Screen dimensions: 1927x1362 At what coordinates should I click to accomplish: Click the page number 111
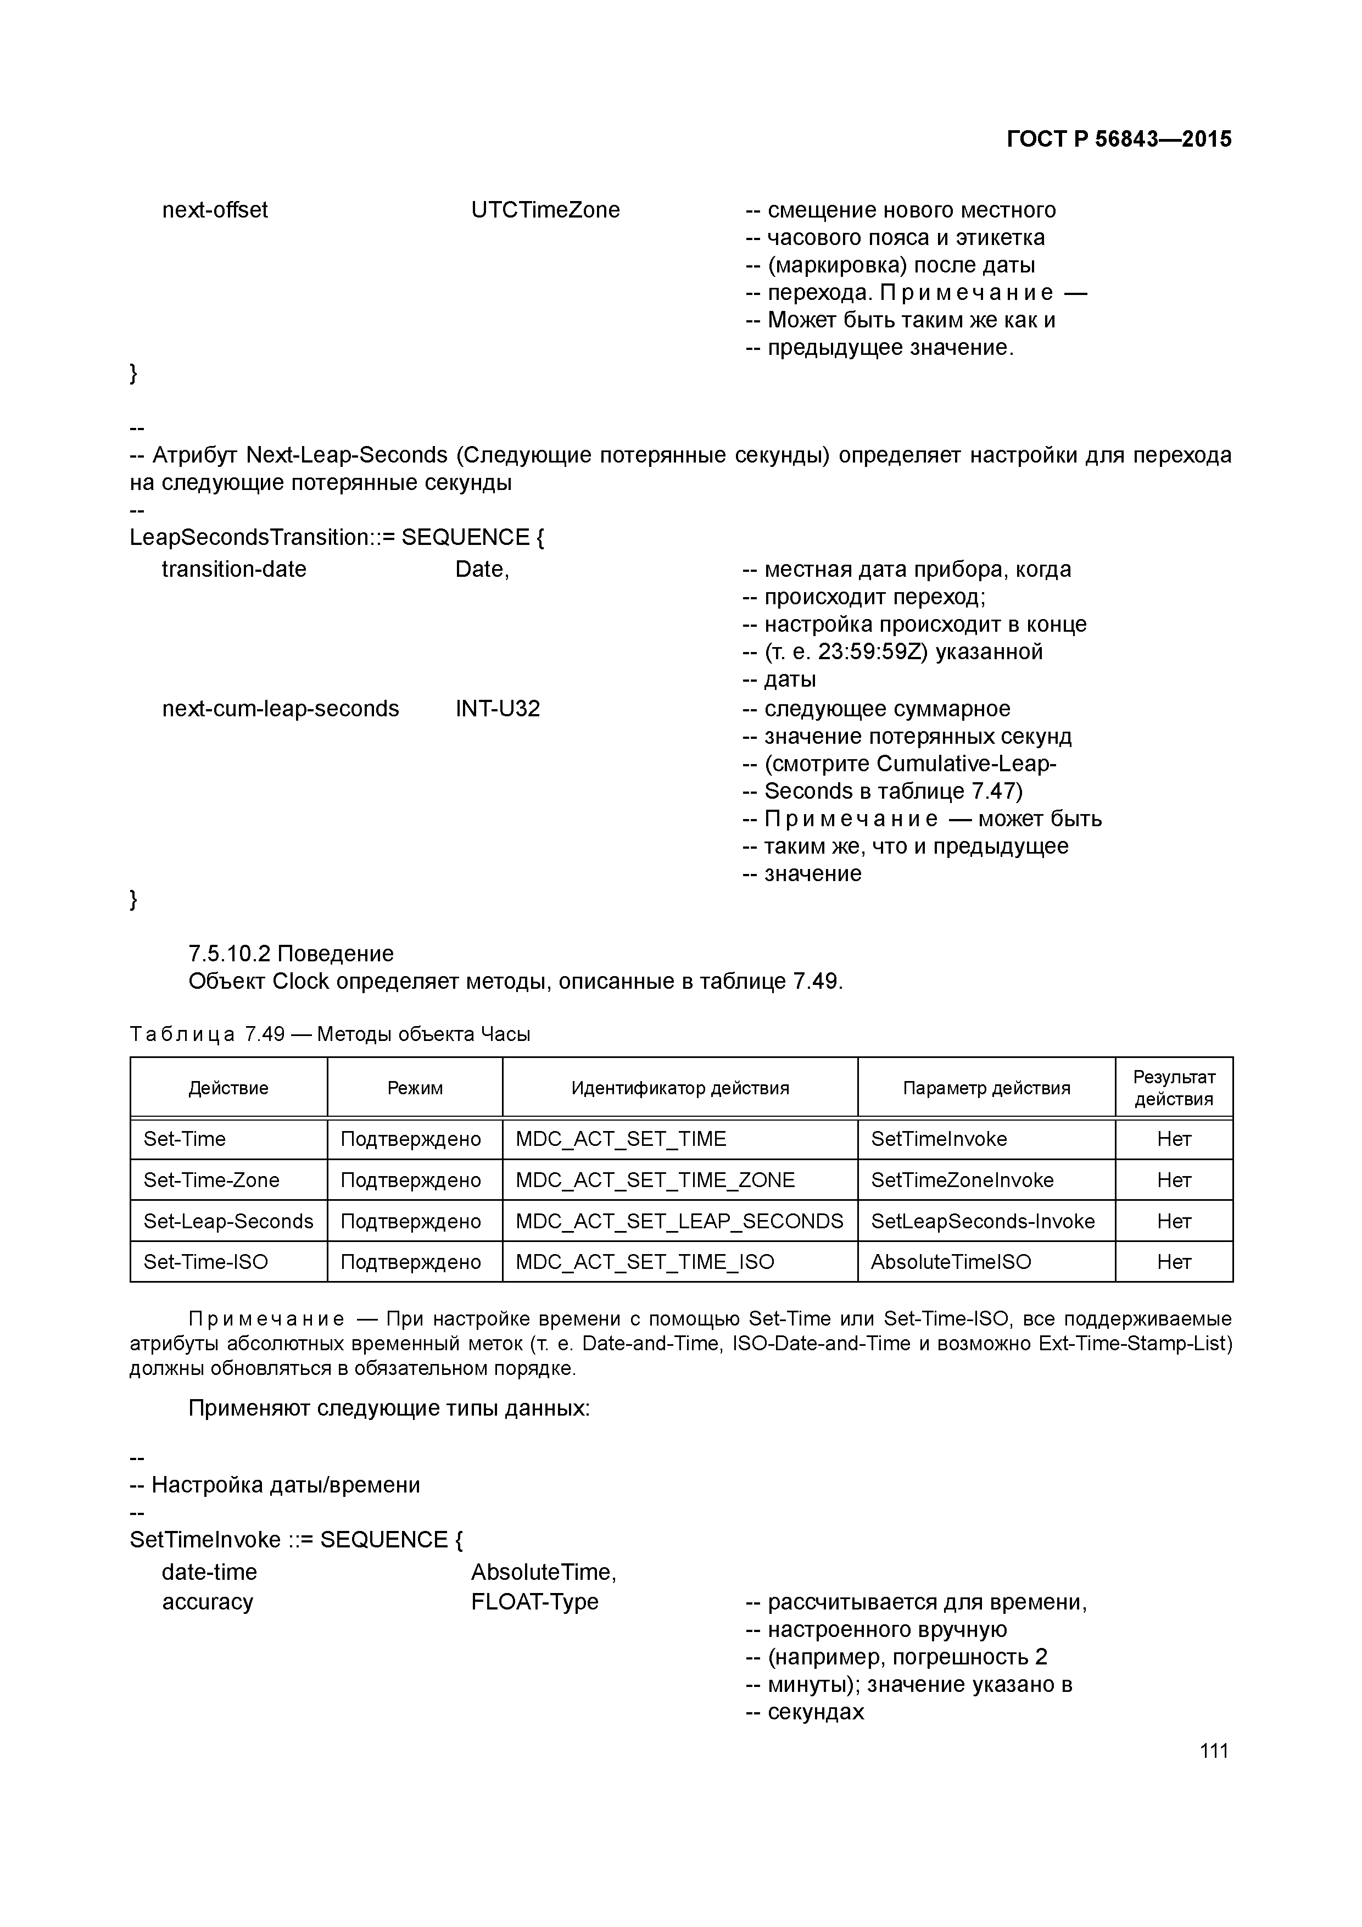click(1214, 1750)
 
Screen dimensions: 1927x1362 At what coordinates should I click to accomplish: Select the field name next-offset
click(215, 210)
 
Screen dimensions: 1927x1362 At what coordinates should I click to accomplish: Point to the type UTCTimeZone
click(545, 210)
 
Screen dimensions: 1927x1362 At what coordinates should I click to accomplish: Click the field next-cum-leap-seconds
click(280, 709)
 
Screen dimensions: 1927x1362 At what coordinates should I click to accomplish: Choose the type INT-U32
click(497, 709)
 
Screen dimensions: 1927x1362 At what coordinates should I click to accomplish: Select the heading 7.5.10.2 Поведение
click(291, 954)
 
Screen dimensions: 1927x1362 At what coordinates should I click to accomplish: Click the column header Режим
click(415, 1088)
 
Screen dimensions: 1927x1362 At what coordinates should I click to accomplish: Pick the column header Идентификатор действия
click(680, 1088)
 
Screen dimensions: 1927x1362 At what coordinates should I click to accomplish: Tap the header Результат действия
click(1173, 1088)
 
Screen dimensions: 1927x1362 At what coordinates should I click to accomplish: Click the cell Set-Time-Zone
click(211, 1180)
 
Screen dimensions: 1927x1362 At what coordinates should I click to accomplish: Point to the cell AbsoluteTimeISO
click(951, 1262)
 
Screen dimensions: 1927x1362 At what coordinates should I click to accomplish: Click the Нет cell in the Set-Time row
click(1173, 1139)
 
